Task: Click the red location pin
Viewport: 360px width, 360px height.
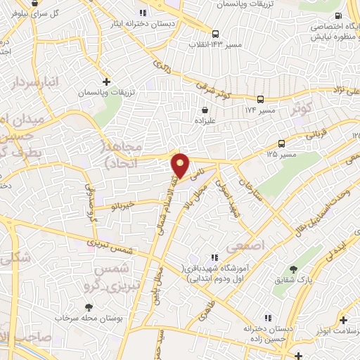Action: pyautogui.click(x=180, y=164)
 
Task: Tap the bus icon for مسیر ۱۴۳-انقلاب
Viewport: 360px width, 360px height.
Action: pyautogui.click(x=215, y=33)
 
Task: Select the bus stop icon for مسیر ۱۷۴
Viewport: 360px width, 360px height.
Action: pyautogui.click(x=261, y=99)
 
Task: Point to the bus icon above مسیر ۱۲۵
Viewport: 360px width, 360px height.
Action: pyautogui.click(x=281, y=143)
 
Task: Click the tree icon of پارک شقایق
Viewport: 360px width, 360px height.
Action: pyautogui.click(x=293, y=270)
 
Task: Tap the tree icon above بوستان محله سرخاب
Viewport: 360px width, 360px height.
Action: pyautogui.click(x=89, y=307)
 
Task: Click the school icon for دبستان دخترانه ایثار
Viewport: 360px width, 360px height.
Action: pyautogui.click(x=143, y=13)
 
